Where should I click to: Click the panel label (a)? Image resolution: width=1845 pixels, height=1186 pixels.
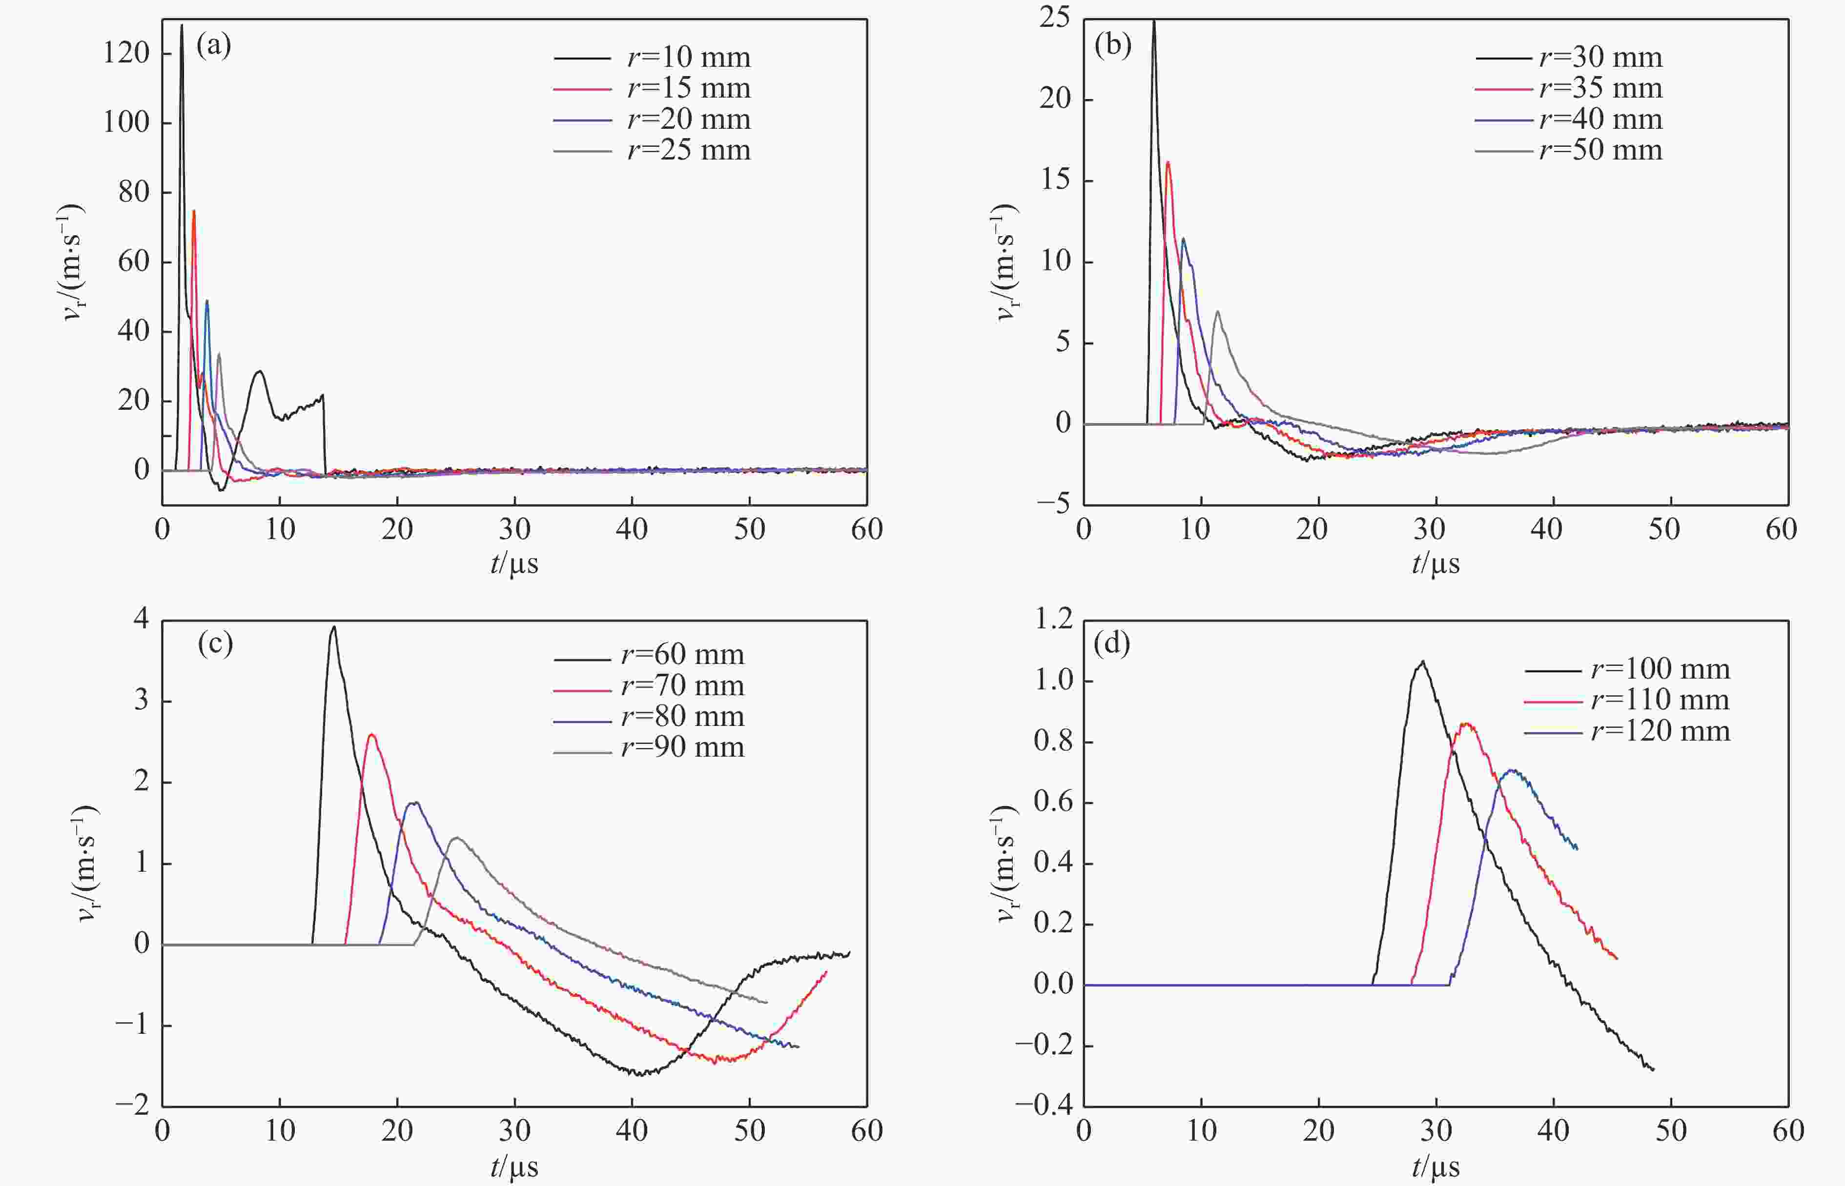213,46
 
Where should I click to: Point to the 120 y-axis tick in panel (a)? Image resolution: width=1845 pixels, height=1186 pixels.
126,53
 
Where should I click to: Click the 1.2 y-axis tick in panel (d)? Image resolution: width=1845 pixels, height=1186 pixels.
1052,620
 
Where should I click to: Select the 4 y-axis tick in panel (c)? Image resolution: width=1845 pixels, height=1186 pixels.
141,620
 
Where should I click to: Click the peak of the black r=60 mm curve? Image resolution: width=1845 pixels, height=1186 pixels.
333,627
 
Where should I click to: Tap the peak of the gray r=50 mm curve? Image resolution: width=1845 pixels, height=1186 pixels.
1217,312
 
